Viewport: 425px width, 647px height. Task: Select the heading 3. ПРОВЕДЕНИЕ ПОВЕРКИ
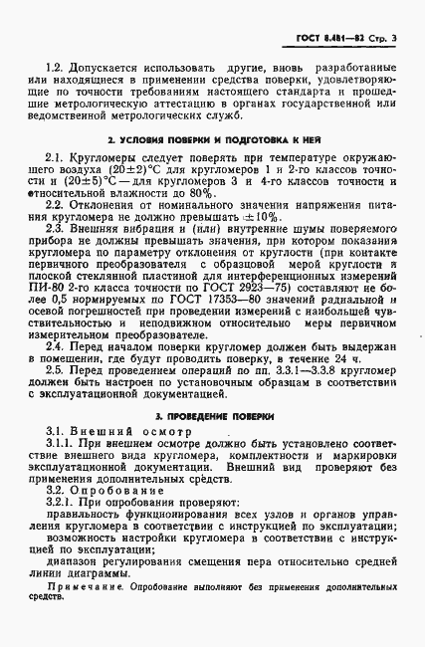212,412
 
